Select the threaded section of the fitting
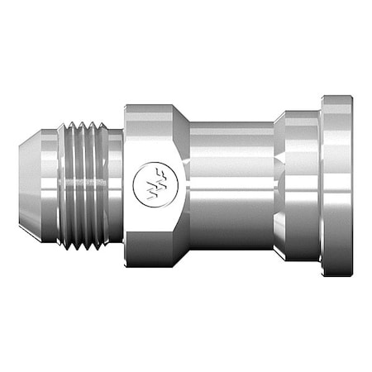point(84,186)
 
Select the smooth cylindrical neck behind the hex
point(231,186)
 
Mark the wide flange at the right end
point(336,186)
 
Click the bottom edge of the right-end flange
point(336,274)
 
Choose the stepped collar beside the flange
point(298,186)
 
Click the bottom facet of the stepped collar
point(298,257)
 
